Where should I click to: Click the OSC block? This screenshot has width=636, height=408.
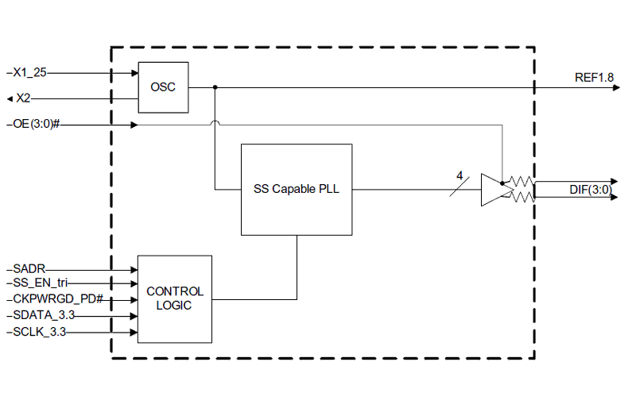click(163, 87)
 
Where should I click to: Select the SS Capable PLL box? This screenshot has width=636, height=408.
click(297, 189)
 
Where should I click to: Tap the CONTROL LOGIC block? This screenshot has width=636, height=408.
click(175, 298)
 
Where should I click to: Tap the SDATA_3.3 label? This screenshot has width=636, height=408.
click(45, 316)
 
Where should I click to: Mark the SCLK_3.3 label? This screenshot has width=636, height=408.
click(41, 332)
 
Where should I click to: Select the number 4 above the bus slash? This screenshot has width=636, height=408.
click(459, 175)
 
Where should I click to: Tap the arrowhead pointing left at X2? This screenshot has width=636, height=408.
click(10, 98)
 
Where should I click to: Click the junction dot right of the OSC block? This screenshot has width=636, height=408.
click(215, 87)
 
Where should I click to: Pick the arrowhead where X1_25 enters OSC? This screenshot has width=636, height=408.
click(134, 72)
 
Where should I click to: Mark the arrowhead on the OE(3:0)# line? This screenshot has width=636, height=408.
click(134, 125)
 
